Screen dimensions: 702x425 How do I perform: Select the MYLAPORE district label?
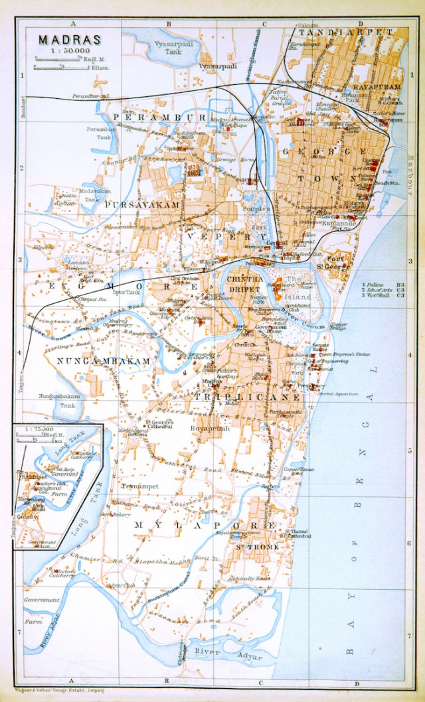point(205,525)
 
